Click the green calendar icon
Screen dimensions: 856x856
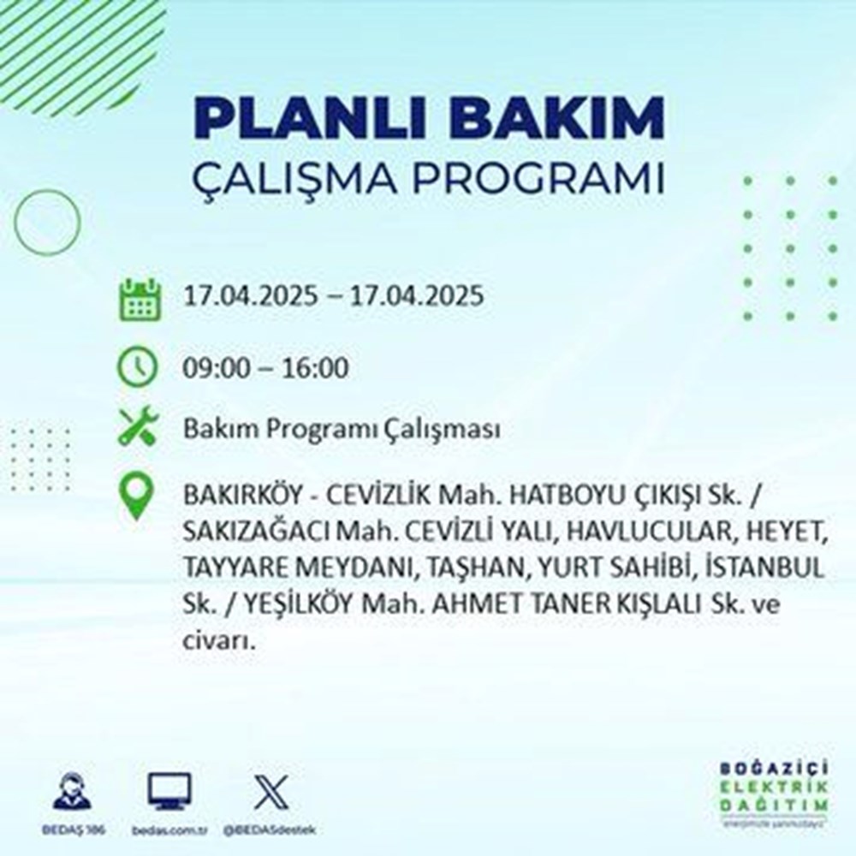pos(138,299)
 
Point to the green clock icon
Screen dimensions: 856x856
pos(138,368)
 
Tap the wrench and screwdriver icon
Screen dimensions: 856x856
pos(138,427)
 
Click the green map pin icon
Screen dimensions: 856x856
pos(138,499)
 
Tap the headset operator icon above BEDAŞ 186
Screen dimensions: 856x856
pos(70,791)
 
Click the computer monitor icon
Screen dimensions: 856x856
pos(169,791)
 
